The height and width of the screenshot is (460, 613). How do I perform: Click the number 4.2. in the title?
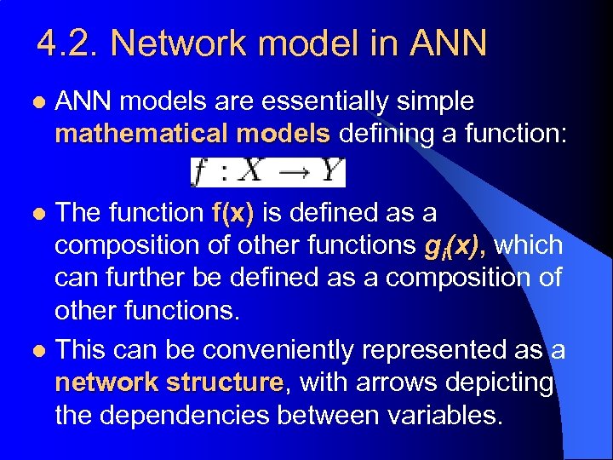pyautogui.click(x=67, y=43)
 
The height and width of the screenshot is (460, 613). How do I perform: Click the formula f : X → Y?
pyautogui.click(x=267, y=172)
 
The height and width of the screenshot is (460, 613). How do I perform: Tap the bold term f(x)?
pyautogui.click(x=232, y=213)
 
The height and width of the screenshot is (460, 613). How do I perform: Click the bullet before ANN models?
pyautogui.click(x=34, y=102)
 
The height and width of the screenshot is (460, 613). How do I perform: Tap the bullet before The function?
pyautogui.click(x=34, y=214)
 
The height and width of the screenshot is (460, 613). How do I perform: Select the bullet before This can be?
pyautogui.click(x=34, y=351)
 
